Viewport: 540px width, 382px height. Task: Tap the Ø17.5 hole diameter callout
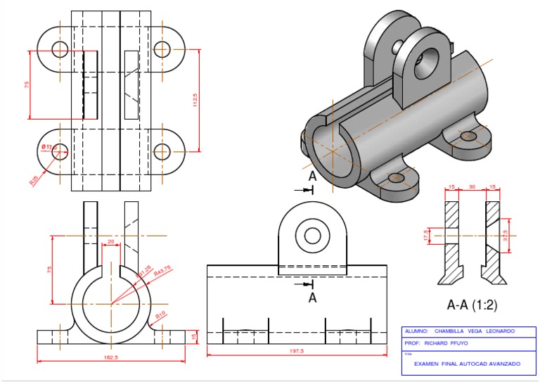click(49, 146)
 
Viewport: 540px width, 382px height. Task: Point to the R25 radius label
click(34, 181)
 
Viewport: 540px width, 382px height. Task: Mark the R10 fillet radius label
click(161, 314)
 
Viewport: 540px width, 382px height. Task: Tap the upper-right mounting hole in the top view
click(162, 49)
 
